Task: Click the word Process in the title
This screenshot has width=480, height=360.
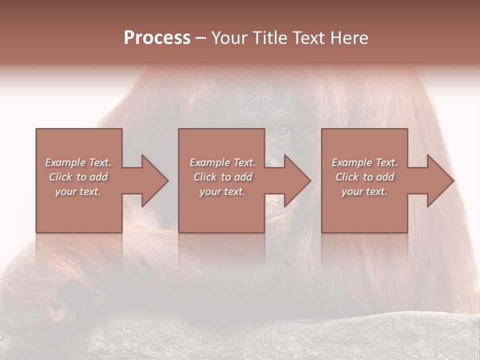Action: click(x=157, y=38)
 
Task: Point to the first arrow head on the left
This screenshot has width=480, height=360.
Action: click(x=153, y=180)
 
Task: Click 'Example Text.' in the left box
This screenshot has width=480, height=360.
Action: click(x=78, y=162)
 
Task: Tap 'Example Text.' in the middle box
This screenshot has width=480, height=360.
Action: click(x=222, y=162)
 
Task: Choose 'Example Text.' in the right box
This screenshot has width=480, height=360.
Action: click(x=364, y=162)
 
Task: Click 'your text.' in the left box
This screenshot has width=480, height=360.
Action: click(x=78, y=191)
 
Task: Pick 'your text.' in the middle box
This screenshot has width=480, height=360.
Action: click(x=222, y=191)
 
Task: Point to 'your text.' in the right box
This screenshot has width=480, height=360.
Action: click(x=364, y=191)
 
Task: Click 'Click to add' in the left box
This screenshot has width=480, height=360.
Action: click(x=78, y=177)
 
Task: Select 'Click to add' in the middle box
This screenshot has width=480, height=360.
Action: click(x=222, y=177)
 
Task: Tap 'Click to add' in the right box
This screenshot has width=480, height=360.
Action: click(x=364, y=177)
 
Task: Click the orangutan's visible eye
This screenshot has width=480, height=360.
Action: click(x=281, y=132)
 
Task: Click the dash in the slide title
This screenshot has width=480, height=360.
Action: click(x=200, y=38)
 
